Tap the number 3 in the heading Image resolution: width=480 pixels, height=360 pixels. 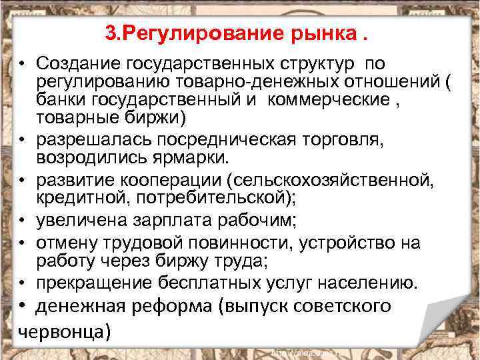point(110,33)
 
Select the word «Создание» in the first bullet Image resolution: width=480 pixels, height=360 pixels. point(74,63)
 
